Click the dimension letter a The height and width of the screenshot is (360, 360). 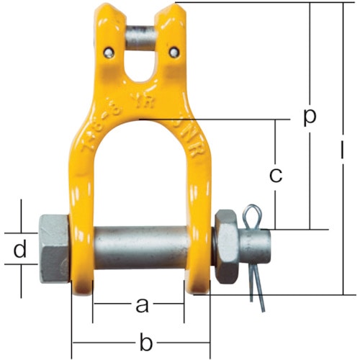[x=142, y=306]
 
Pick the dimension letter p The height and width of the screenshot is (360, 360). [x=310, y=117]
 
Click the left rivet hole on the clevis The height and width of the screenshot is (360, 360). [x=107, y=51]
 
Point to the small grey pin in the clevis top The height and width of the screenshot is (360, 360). [x=141, y=35]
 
